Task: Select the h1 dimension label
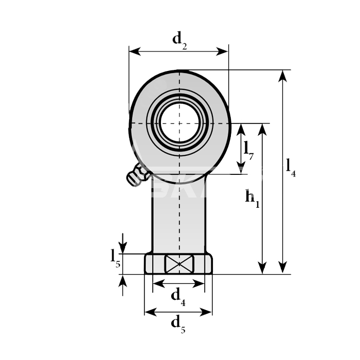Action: pyautogui.click(x=252, y=199)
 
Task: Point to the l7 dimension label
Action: pyautogui.click(x=248, y=150)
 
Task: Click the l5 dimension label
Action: pyautogui.click(x=115, y=259)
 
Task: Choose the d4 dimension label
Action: pyautogui.click(x=178, y=297)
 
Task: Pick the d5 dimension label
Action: pyautogui.click(x=178, y=324)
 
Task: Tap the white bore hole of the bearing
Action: pyautogui.click(x=179, y=123)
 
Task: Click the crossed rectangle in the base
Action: pyautogui.click(x=179, y=264)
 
